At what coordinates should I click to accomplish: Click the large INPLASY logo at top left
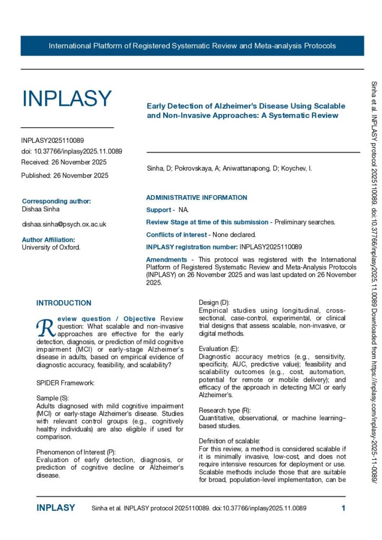[66, 99]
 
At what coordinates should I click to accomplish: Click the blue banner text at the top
[192, 46]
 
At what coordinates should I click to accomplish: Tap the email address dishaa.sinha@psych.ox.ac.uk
[64, 224]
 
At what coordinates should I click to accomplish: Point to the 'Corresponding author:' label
[56, 201]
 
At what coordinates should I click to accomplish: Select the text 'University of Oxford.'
[51, 247]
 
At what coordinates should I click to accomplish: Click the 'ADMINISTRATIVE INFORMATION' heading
[196, 198]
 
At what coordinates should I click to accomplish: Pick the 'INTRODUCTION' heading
[64, 303]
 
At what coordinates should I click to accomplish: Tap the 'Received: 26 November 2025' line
[64, 161]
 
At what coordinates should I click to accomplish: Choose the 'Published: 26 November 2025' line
[65, 175]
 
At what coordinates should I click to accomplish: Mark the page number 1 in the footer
[343, 508]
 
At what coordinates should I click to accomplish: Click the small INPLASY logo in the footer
[55, 508]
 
